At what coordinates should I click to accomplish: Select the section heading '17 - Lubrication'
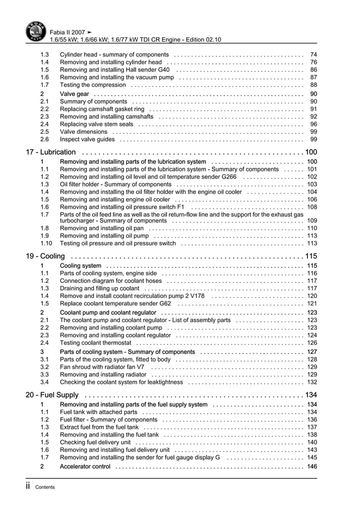pos(51,152)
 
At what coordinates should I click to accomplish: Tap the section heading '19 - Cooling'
pos(45,256)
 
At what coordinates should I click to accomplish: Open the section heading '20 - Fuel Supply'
pos(52,394)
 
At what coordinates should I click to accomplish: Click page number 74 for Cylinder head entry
pos(313,55)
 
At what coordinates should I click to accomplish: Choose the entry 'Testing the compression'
pos(93,85)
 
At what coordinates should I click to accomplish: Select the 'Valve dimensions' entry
pos(84,131)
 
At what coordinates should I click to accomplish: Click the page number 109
pos(311,221)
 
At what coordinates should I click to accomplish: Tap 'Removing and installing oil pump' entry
pos(105,236)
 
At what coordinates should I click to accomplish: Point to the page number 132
pos(311,382)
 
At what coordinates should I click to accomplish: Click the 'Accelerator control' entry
pos(85,467)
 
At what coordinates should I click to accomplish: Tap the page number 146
pos(311,467)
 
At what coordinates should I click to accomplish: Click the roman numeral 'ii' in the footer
pos(29,486)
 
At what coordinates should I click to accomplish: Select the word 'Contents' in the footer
pos(45,488)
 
